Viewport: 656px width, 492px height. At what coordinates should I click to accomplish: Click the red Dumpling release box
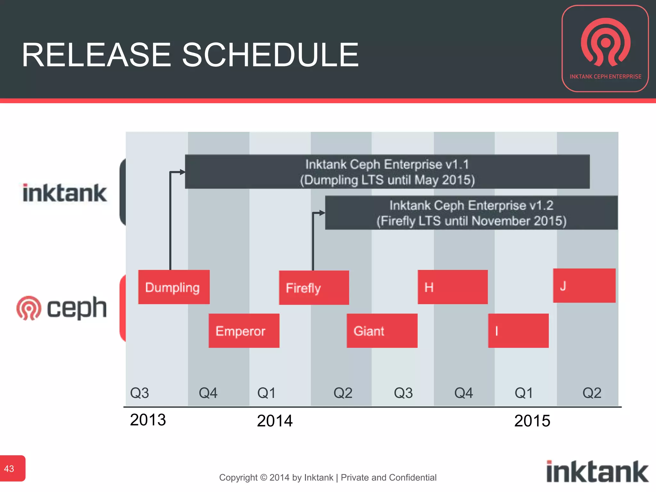pyautogui.click(x=174, y=287)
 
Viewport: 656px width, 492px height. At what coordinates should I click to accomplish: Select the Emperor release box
pyautogui.click(x=244, y=331)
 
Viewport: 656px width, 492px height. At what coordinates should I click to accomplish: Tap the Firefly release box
pyautogui.click(x=314, y=287)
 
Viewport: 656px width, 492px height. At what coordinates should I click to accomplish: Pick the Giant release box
pyautogui.click(x=382, y=331)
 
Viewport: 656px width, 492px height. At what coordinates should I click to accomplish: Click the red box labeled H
pyautogui.click(x=453, y=287)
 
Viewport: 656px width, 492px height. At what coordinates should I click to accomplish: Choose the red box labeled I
pyautogui.click(x=518, y=331)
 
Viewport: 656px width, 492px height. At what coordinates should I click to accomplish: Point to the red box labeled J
pyautogui.click(x=584, y=285)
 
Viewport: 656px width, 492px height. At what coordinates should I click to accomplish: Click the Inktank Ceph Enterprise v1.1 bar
pyautogui.click(x=387, y=172)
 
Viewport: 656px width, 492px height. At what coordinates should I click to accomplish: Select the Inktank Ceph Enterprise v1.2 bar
pyautogui.click(x=471, y=213)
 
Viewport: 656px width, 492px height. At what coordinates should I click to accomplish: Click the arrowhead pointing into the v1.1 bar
pyautogui.click(x=183, y=172)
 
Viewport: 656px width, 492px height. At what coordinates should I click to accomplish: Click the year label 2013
pyautogui.click(x=148, y=420)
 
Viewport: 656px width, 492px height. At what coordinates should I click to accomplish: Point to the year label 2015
pyautogui.click(x=532, y=421)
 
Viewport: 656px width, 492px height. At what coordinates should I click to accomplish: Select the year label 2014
pyautogui.click(x=275, y=421)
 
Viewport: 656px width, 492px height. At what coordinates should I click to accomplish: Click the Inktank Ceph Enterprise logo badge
pyautogui.click(x=605, y=49)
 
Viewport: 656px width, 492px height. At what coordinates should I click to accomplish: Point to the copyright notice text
pyautogui.click(x=327, y=478)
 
